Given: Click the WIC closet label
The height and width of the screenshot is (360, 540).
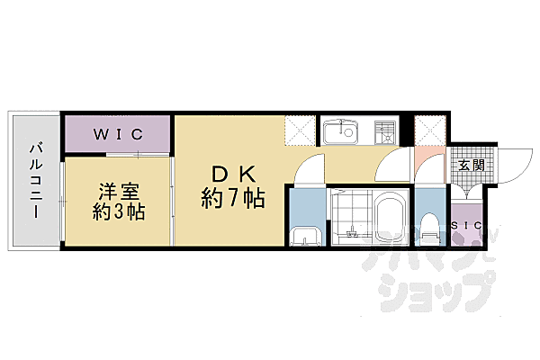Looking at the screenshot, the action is click(118, 134).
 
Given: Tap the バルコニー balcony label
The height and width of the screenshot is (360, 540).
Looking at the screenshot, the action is click(36, 181).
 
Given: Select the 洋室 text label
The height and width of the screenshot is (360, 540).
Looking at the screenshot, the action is click(119, 192).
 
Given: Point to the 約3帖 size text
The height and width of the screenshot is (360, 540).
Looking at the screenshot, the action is click(119, 211).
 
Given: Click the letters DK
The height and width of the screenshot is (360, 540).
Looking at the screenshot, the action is click(233, 174).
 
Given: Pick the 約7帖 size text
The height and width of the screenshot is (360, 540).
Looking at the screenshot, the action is click(233, 198).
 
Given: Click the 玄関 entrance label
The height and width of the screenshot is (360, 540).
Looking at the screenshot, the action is click(472, 165).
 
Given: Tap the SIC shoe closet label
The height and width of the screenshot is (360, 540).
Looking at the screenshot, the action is click(466, 226).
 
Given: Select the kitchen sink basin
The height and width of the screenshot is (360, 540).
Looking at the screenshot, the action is click(341, 131).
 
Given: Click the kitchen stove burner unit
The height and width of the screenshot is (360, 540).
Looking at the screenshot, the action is click(384, 132).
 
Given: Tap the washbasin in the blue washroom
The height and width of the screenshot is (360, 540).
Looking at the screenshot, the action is click(306, 237).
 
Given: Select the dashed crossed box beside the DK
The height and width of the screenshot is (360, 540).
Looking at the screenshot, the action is click(300, 130).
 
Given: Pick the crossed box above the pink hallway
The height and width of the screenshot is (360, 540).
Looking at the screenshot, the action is click(430, 130).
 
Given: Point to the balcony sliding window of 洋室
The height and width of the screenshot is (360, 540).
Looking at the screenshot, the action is click(62, 202).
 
